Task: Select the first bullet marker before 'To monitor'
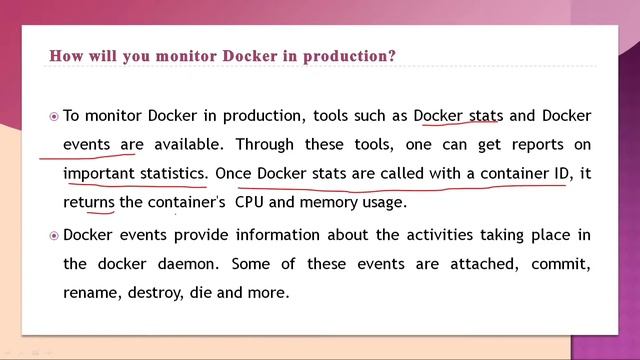click(54, 116)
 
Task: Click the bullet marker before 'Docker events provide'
click(54, 236)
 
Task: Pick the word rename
click(90, 294)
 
